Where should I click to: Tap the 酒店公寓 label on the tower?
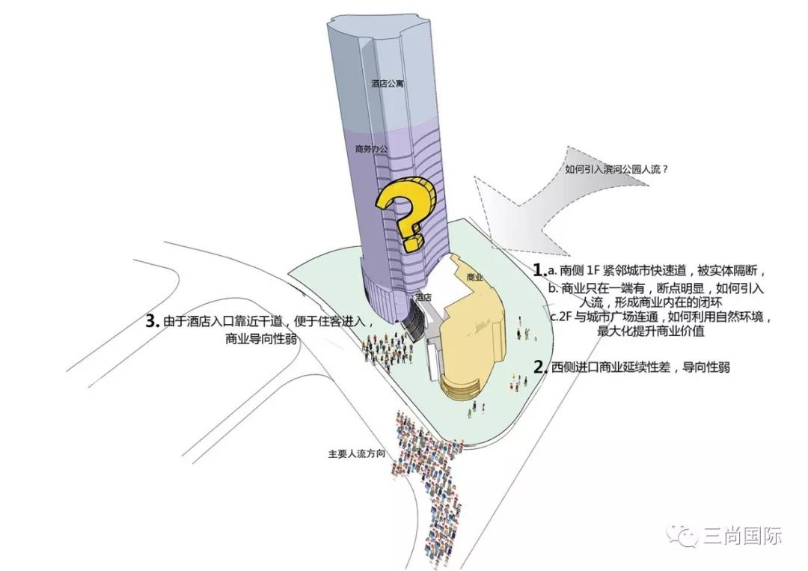[387, 83]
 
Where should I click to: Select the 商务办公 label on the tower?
[371, 149]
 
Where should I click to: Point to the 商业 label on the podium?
[474, 277]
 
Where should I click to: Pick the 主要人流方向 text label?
[357, 454]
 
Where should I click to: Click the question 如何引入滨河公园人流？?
[616, 168]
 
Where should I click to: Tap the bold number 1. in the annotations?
[539, 270]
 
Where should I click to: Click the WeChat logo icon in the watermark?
[683, 536]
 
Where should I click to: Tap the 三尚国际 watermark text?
[743, 536]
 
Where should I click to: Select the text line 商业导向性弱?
[261, 339]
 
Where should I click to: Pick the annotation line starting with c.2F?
[660, 317]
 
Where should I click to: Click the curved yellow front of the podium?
[462, 385]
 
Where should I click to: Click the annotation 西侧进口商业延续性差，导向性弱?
[640, 367]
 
